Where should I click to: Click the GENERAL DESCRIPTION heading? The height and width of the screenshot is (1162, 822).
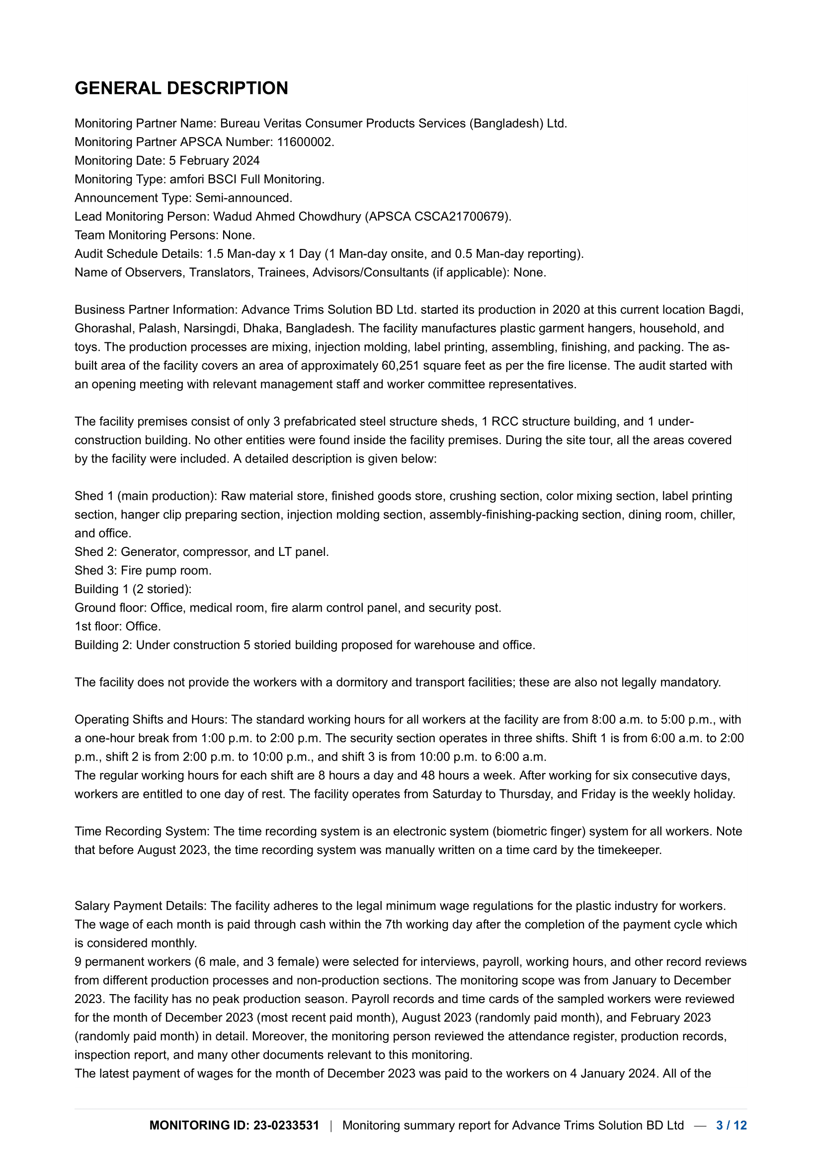181,88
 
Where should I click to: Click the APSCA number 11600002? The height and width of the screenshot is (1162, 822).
305,142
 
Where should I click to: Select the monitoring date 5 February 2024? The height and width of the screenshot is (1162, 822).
214,161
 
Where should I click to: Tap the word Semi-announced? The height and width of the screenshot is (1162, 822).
243,198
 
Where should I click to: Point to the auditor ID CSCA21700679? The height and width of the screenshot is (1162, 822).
461,217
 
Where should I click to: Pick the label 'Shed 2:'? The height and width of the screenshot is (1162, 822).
95,551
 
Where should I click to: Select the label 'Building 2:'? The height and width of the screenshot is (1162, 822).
103,645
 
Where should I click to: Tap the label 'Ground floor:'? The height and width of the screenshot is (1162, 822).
110,608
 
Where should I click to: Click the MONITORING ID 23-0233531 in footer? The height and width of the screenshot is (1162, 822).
234,1125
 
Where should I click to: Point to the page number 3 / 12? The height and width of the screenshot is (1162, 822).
732,1125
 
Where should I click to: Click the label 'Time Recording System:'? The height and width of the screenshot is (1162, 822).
142,832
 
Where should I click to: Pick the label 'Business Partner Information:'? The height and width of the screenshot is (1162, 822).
156,310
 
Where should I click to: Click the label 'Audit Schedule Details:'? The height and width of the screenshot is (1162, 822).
138,254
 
